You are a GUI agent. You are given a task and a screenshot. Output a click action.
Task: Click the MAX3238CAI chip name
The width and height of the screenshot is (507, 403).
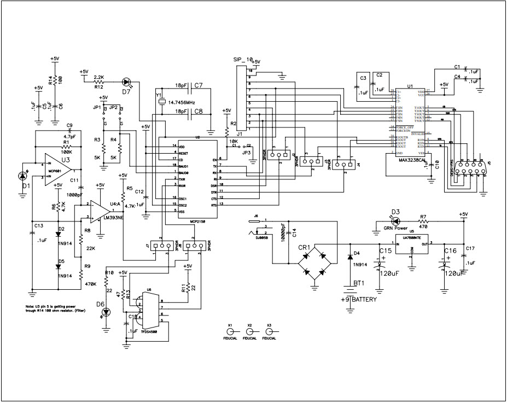[411, 160]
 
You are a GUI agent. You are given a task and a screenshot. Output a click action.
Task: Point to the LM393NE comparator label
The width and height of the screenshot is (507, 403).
[112, 218]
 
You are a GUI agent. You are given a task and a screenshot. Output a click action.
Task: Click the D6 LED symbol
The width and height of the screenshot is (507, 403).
[106, 312]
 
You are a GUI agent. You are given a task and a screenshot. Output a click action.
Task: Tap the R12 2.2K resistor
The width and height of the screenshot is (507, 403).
[99, 80]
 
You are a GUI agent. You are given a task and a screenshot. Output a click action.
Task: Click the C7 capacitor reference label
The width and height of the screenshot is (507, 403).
[198, 86]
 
